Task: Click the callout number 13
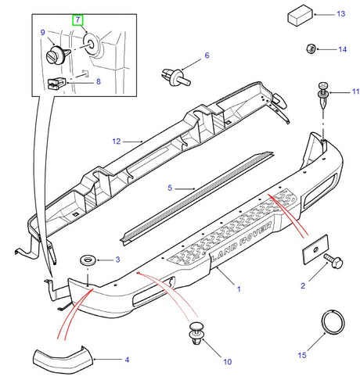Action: pos(340,15)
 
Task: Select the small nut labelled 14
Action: pos(310,50)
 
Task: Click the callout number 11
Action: pos(355,92)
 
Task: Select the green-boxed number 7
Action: pos(77,18)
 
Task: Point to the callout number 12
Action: pos(117,142)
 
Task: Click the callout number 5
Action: pos(169,188)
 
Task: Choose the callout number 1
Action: pos(239,288)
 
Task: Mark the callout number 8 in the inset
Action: pos(98,81)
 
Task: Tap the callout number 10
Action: pos(227,362)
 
